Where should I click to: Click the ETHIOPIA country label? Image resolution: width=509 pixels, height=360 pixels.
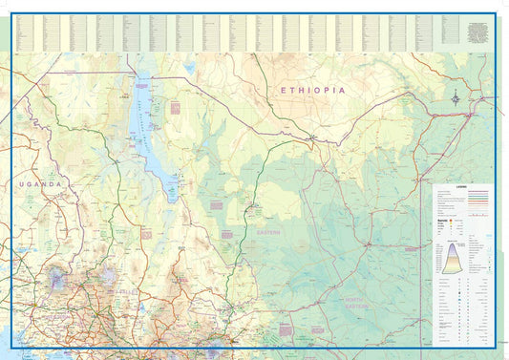pyautogui.click(x=311, y=90)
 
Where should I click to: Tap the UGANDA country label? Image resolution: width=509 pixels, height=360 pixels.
pyautogui.click(x=37, y=183)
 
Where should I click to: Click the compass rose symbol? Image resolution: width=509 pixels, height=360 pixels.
pyautogui.click(x=456, y=96)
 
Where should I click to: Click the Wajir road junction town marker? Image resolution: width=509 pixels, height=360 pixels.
pyautogui.click(x=368, y=243)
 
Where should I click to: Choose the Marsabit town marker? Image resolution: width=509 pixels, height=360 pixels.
pyautogui.click(x=251, y=207)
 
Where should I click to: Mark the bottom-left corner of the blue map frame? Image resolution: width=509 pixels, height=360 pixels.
pyautogui.click(x=11, y=348)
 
